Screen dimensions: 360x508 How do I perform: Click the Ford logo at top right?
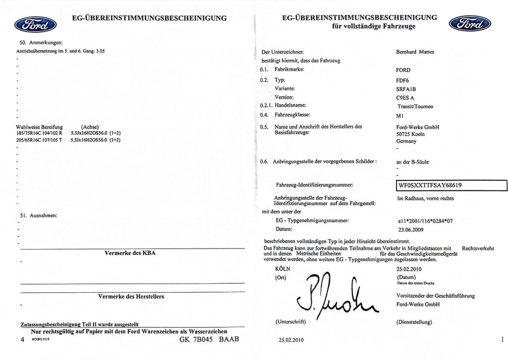(x=469, y=23)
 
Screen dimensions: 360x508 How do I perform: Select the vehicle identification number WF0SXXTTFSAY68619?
(x=430, y=185)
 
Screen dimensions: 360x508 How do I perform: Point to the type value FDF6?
(x=402, y=79)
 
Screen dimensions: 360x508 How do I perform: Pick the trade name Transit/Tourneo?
(x=415, y=106)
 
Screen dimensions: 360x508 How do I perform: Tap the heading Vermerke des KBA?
(x=130, y=253)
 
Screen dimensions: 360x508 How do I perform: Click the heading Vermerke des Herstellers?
(x=131, y=297)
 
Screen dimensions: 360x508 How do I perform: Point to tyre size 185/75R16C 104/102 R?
(x=40, y=133)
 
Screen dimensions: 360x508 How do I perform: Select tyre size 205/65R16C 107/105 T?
(x=40, y=140)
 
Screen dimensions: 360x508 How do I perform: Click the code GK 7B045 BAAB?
(x=209, y=340)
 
